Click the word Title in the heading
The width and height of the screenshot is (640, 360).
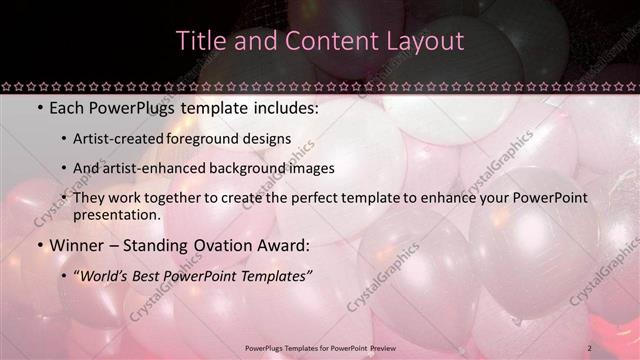pyautogui.click(x=198, y=41)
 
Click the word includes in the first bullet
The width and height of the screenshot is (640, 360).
pyautogui.click(x=284, y=106)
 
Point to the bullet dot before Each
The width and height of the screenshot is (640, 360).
pyautogui.click(x=39, y=106)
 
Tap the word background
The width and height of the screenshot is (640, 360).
pyautogui.click(x=250, y=168)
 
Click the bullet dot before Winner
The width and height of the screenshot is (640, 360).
pyautogui.click(x=39, y=244)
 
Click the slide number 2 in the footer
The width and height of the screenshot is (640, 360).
pyautogui.click(x=589, y=347)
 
